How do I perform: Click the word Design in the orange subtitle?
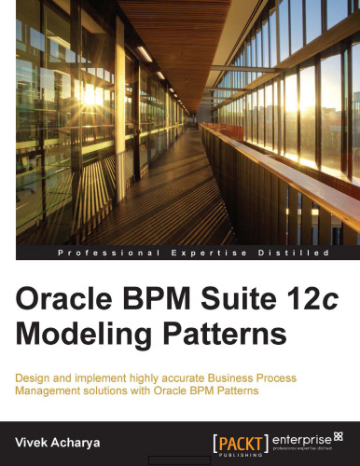tap(34, 377)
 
